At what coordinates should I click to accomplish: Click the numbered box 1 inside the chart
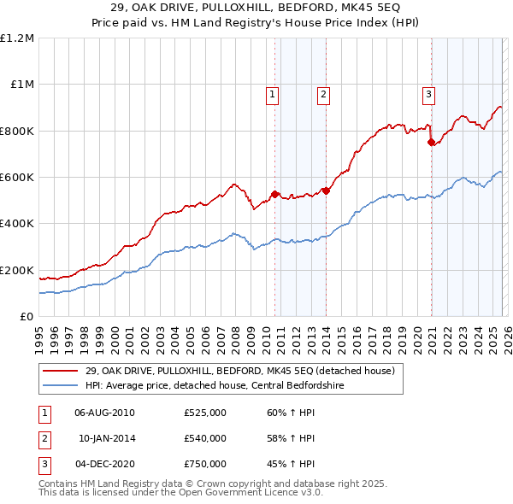coord(273,95)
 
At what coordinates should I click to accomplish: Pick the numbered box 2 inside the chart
coord(324,95)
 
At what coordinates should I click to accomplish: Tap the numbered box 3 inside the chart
coord(427,95)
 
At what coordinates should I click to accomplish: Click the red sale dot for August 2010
coord(274,194)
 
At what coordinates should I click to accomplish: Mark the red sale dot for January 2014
coord(326,190)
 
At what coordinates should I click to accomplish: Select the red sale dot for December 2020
coord(430,142)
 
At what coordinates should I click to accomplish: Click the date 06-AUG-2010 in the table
coord(104,413)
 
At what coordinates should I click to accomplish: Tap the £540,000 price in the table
coord(205,438)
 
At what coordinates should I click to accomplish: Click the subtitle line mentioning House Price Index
coord(256,23)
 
